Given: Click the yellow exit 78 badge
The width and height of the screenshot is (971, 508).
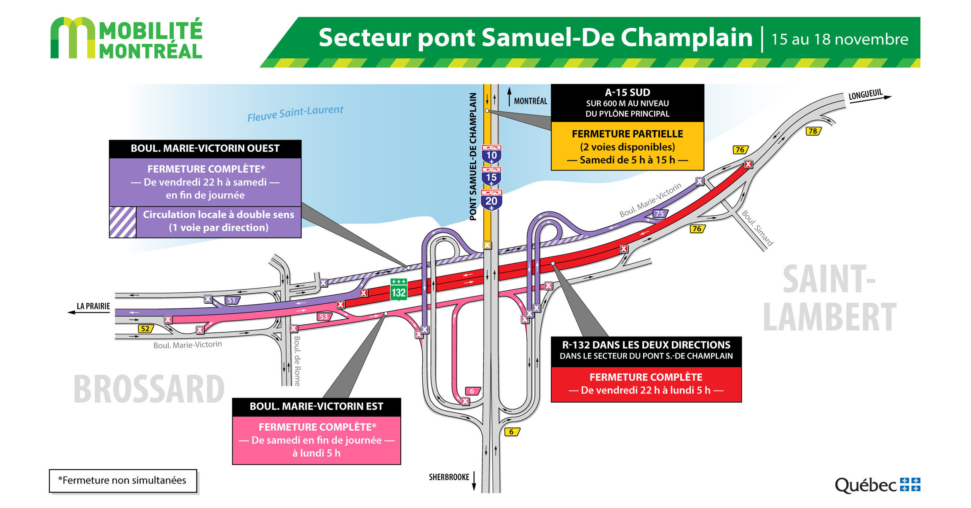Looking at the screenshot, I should [813, 131].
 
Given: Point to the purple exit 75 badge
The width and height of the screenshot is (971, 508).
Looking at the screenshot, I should [660, 214].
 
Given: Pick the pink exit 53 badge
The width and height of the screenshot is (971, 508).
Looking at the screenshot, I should [324, 317].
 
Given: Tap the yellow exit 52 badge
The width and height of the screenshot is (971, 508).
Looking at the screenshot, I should [145, 329].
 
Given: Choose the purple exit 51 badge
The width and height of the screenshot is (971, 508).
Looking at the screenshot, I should [231, 300].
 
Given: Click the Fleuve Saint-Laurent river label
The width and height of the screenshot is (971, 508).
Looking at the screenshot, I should [295, 113].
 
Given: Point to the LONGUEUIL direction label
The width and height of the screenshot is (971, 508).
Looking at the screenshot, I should [865, 94].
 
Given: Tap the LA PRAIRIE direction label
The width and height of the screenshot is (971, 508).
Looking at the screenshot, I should [93, 306].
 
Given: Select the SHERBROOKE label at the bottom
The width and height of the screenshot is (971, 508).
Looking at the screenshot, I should [449, 477].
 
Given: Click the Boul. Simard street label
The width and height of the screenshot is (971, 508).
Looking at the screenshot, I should [757, 228].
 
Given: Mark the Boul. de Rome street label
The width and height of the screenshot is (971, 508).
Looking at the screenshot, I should [297, 361].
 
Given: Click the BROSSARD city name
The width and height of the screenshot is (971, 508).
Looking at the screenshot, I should [149, 389].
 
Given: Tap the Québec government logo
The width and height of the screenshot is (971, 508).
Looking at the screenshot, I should [877, 485].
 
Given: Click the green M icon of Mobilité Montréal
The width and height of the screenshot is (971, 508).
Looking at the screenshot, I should [72, 38].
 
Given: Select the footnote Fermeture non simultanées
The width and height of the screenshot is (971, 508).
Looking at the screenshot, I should [123, 480].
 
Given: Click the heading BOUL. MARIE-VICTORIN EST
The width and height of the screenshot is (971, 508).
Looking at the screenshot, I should [317, 406].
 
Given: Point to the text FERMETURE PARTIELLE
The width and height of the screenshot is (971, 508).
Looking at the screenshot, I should [627, 134].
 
